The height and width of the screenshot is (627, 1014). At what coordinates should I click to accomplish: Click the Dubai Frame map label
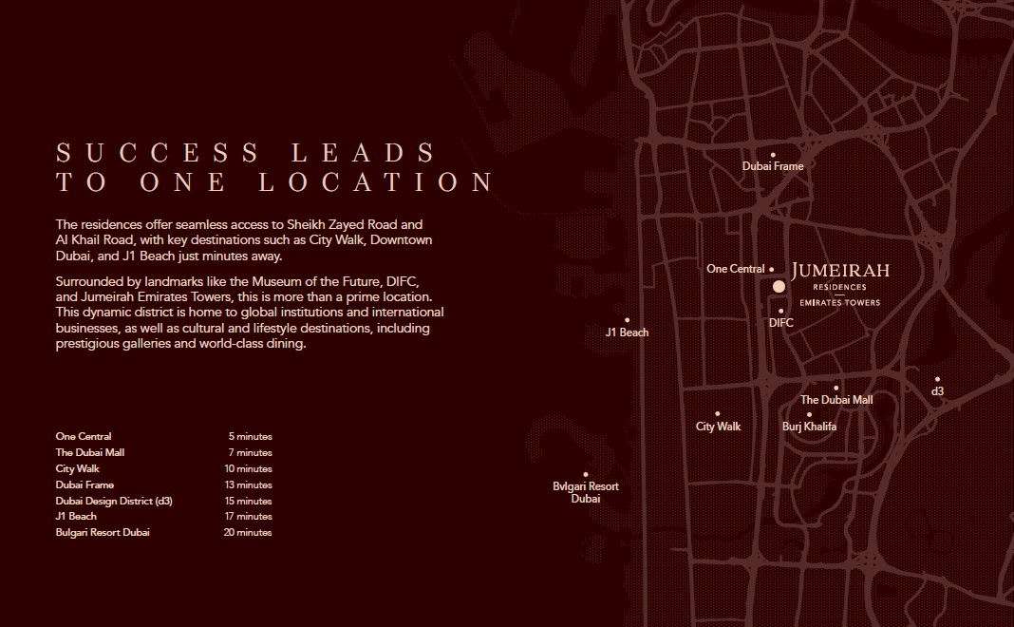click(773, 166)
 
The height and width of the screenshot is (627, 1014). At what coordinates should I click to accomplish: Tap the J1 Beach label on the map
click(627, 332)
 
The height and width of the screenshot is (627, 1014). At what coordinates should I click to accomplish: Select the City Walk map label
click(718, 427)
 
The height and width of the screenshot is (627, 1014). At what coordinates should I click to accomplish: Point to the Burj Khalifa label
click(809, 427)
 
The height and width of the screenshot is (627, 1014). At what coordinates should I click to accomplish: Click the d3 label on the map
click(937, 391)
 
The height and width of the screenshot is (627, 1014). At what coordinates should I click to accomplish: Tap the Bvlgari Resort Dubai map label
click(586, 492)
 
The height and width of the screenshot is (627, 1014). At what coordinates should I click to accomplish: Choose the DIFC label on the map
click(780, 323)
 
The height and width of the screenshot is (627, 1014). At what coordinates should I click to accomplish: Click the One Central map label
click(735, 269)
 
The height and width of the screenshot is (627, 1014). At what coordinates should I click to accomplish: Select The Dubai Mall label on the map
click(836, 400)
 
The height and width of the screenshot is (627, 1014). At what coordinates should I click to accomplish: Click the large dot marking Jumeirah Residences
click(779, 286)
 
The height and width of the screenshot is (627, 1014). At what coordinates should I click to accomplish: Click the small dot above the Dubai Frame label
click(773, 154)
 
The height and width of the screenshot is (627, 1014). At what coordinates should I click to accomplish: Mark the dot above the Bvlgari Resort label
click(586, 474)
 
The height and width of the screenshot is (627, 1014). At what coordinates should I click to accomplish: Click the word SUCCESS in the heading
click(158, 152)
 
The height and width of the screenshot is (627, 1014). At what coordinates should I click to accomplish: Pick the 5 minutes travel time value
click(250, 436)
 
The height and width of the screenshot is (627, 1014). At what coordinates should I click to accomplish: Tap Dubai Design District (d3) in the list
click(114, 501)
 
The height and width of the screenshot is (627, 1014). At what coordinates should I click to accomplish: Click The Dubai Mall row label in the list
click(90, 452)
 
